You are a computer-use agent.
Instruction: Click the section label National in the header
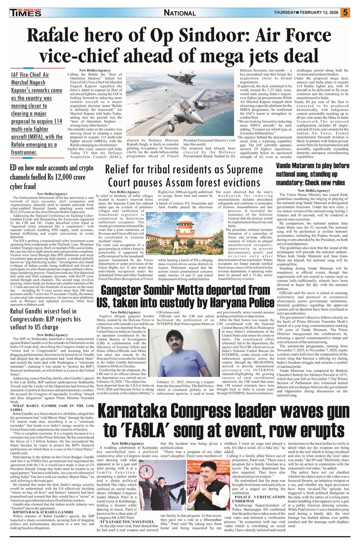[x=180, y=13]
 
